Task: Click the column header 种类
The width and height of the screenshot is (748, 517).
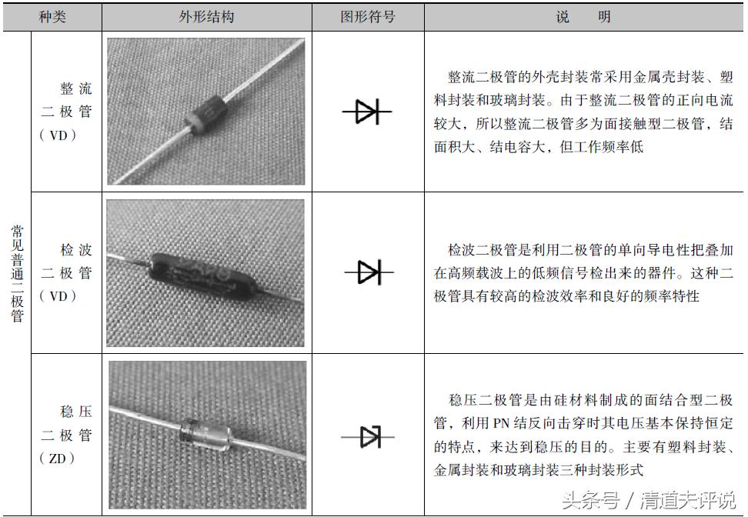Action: [x=52, y=16]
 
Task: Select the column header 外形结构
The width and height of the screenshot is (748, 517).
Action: [x=206, y=16]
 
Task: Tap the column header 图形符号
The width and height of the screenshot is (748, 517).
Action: [x=368, y=16]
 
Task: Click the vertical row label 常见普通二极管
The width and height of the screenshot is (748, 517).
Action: [x=17, y=273]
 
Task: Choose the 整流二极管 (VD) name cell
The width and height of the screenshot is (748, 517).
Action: [x=66, y=112]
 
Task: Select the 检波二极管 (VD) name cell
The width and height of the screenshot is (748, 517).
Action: [x=66, y=273]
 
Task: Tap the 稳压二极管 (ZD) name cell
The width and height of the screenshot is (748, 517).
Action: [x=66, y=435]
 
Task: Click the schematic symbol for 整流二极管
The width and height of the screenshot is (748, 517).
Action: [x=367, y=112]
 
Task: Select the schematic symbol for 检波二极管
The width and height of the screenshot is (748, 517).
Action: [x=368, y=272]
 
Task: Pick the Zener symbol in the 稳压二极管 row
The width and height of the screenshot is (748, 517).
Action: [x=368, y=437]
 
